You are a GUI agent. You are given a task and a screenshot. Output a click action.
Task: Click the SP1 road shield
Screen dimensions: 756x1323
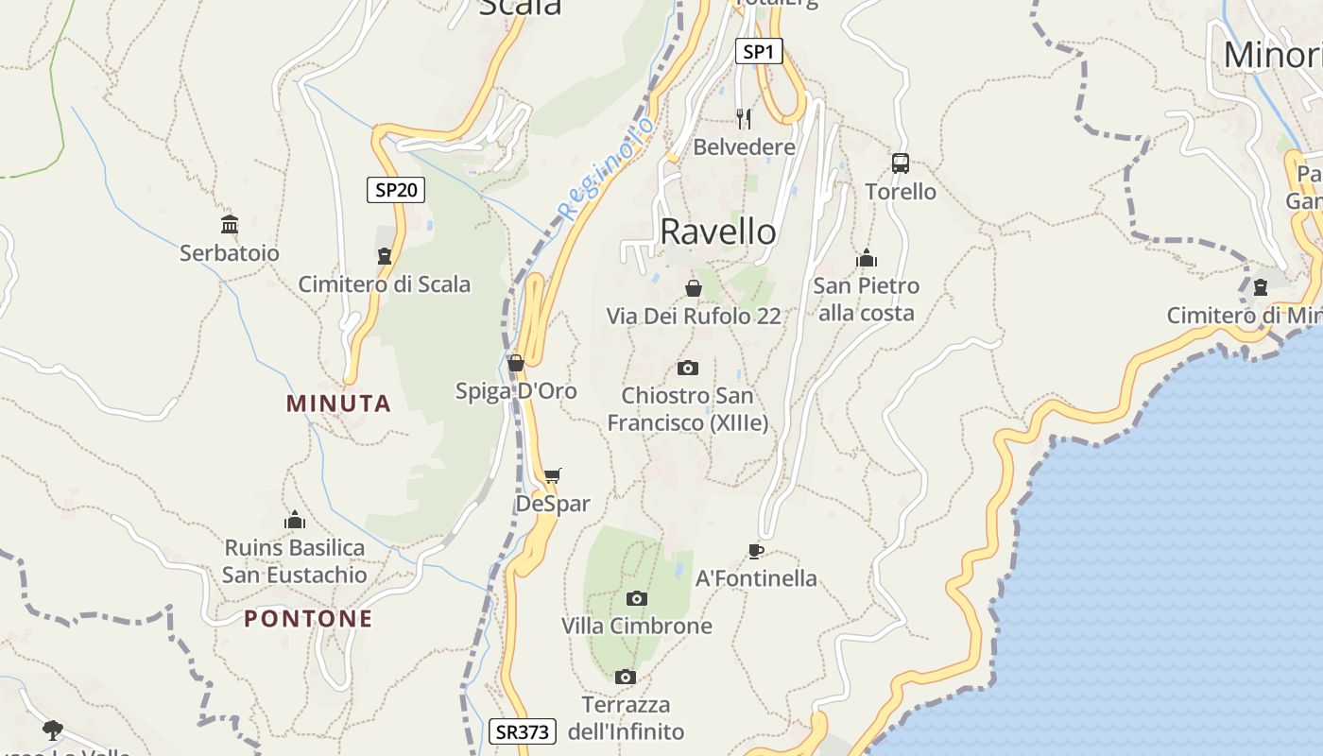coord(759,52)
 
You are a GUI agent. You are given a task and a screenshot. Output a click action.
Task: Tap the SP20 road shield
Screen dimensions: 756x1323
coord(396,190)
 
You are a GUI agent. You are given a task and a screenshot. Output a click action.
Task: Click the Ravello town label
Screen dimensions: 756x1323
coord(718,232)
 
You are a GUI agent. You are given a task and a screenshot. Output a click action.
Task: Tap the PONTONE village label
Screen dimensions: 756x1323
coord(308,619)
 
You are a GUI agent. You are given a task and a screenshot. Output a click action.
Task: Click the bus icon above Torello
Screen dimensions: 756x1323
coord(901,163)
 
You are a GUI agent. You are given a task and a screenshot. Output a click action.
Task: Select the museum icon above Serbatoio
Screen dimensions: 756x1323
coord(230,224)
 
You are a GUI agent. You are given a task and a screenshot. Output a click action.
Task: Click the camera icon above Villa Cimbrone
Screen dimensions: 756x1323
coord(637,598)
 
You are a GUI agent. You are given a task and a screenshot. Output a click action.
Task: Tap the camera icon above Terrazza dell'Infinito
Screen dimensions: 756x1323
coord(625,677)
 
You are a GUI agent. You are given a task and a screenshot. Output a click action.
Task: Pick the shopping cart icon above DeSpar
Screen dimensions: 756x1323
coord(553,475)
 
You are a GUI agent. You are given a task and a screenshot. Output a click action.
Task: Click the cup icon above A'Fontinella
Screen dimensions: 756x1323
coord(755,550)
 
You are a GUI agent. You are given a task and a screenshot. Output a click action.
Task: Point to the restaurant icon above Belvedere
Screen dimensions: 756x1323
coord(744,118)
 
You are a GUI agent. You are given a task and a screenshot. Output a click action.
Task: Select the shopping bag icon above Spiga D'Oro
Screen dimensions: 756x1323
coord(516,363)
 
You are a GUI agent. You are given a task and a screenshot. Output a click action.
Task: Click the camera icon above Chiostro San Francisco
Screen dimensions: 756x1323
coord(688,368)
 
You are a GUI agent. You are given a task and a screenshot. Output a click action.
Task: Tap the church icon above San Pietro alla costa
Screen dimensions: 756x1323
coord(867,258)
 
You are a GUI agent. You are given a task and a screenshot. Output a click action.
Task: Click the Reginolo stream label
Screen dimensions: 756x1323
coord(606,168)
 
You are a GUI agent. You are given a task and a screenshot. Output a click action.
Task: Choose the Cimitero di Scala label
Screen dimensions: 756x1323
coord(385,284)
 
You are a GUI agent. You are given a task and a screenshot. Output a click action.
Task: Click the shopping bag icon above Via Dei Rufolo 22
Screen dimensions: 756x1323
coord(694,288)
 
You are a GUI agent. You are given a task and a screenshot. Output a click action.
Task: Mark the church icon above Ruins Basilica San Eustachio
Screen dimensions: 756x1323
coord(295,520)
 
